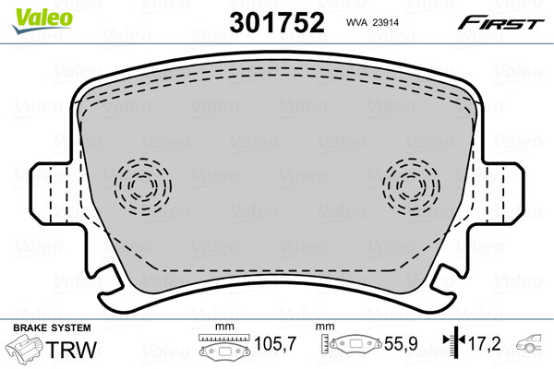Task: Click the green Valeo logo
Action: coord(42,20)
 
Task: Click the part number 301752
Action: coord(277,22)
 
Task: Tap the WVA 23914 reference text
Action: coord(372,22)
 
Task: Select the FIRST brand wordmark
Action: coord(501,23)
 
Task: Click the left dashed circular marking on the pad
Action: coord(143,186)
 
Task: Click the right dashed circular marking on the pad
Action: coord(411,186)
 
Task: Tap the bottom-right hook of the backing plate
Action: coord(442,289)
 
